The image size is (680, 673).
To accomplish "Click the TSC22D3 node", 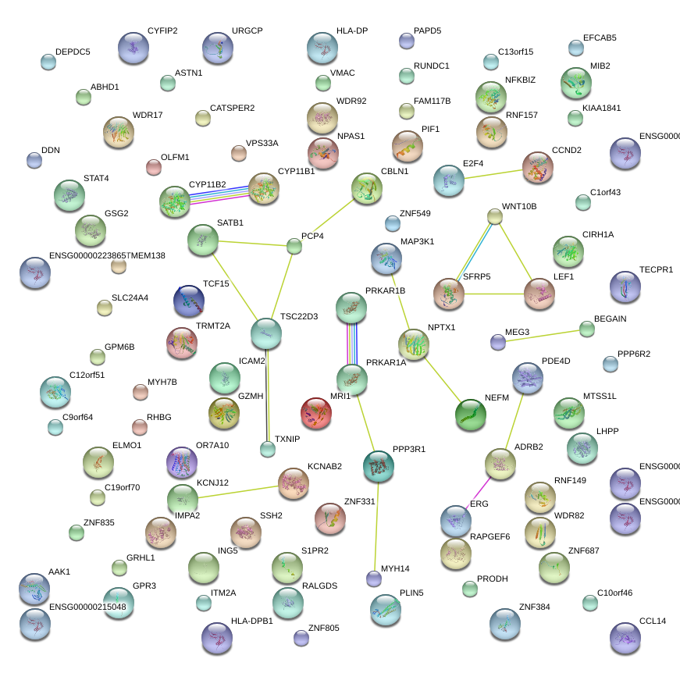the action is coord(266,333).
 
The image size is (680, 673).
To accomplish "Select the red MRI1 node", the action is coord(316,413).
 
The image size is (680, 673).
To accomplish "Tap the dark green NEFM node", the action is coord(470,415).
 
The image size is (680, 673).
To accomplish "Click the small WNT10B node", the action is coord(494,216).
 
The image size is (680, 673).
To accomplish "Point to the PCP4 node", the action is coord(294,247).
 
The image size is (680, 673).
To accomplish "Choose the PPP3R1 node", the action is coord(379,466).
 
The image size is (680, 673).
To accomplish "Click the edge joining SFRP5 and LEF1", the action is coord(493,294).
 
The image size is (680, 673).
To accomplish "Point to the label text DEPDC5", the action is coord(73,52).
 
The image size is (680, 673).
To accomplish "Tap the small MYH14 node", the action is coord(374,579).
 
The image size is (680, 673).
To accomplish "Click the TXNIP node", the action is coord(268,449).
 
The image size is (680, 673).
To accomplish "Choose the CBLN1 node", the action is coord(366,188).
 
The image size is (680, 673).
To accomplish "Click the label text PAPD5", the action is coord(427,31).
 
